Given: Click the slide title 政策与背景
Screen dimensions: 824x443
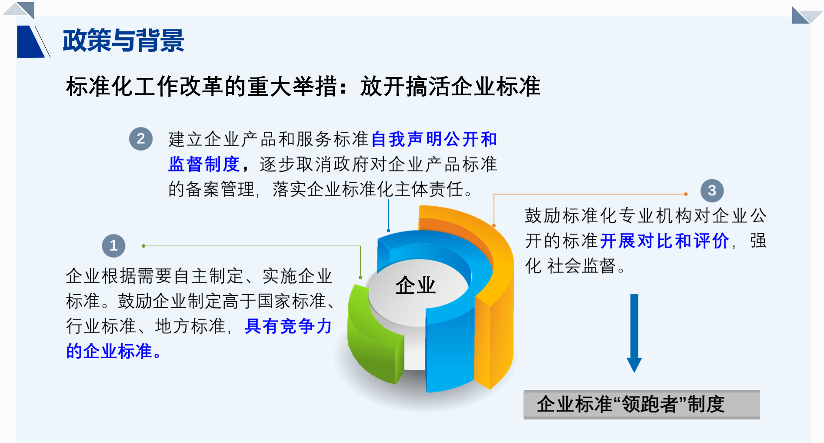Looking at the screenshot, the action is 123,41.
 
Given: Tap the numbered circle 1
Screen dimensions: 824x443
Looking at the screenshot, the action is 113,246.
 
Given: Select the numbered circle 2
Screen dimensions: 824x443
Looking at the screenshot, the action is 141,139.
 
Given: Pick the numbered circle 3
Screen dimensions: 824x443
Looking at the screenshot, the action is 712,191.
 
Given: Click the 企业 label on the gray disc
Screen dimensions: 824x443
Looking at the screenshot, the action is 415,285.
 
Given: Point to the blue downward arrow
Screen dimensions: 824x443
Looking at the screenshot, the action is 634,333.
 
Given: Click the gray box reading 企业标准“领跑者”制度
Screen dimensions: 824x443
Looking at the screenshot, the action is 641,404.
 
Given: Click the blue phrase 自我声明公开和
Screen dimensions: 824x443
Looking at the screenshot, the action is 434,139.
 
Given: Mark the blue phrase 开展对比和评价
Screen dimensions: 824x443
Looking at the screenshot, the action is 664,241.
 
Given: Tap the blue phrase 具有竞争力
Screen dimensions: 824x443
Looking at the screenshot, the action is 288,326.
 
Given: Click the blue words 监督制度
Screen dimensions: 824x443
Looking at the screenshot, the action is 204,164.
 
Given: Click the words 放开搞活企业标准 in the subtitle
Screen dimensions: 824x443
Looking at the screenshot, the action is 450,86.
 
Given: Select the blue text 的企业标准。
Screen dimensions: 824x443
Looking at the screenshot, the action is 113,351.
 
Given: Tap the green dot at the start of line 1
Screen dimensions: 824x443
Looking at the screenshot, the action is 143,246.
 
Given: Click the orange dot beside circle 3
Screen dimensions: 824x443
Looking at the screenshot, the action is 686,194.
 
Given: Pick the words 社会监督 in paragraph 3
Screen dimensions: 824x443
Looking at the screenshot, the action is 581,266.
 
